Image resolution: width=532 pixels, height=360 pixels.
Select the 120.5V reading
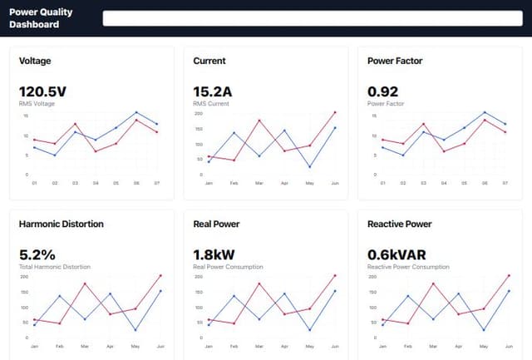point(42,91)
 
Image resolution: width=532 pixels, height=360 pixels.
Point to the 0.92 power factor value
point(383,91)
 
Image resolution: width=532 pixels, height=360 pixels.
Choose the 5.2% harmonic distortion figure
point(37,254)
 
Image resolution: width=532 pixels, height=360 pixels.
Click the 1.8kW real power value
point(214,254)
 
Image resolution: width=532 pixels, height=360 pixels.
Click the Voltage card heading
point(35,62)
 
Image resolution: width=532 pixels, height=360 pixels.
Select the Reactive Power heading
point(399,224)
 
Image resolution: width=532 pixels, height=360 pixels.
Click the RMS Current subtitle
point(210,103)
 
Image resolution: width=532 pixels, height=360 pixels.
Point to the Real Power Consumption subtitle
point(228,266)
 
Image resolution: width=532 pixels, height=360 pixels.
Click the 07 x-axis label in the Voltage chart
point(156,183)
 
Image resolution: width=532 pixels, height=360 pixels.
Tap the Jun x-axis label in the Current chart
point(334,183)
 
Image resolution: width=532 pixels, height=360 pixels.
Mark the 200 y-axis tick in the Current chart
point(199,112)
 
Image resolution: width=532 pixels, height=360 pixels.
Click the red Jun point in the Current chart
point(334,112)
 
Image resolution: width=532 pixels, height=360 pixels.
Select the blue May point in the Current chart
point(309,167)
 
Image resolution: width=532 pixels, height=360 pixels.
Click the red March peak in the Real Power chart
point(259,284)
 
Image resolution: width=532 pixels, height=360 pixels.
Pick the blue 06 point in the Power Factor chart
point(485,112)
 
